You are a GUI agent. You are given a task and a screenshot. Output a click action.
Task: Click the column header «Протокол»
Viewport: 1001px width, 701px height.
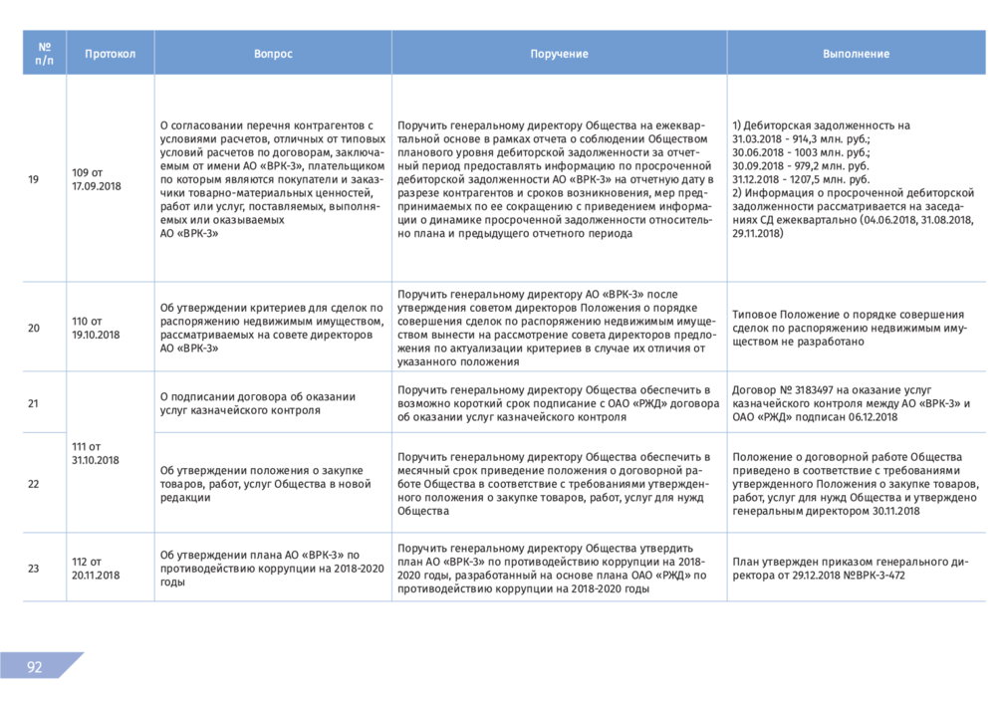click(x=110, y=54)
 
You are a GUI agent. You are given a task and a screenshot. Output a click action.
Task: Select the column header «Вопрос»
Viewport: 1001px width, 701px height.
click(x=273, y=54)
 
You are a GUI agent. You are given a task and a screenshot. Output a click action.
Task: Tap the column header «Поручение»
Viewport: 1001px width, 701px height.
click(x=559, y=54)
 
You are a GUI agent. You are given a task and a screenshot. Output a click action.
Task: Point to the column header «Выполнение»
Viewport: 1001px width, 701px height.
click(x=856, y=54)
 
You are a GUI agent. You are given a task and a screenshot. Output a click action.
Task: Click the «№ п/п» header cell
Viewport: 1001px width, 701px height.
click(x=45, y=54)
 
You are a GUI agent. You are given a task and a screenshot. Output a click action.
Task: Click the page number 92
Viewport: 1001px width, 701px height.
click(x=34, y=667)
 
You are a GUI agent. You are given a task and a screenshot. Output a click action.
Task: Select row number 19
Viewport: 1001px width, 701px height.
click(x=34, y=179)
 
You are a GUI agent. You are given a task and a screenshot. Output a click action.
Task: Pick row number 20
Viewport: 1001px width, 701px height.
click(x=34, y=328)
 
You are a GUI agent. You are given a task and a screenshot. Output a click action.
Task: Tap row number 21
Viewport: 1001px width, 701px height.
click(x=34, y=403)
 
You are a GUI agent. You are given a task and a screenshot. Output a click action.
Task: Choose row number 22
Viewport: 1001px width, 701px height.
click(x=34, y=483)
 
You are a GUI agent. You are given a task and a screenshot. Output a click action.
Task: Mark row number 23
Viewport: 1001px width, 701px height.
click(x=34, y=569)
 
